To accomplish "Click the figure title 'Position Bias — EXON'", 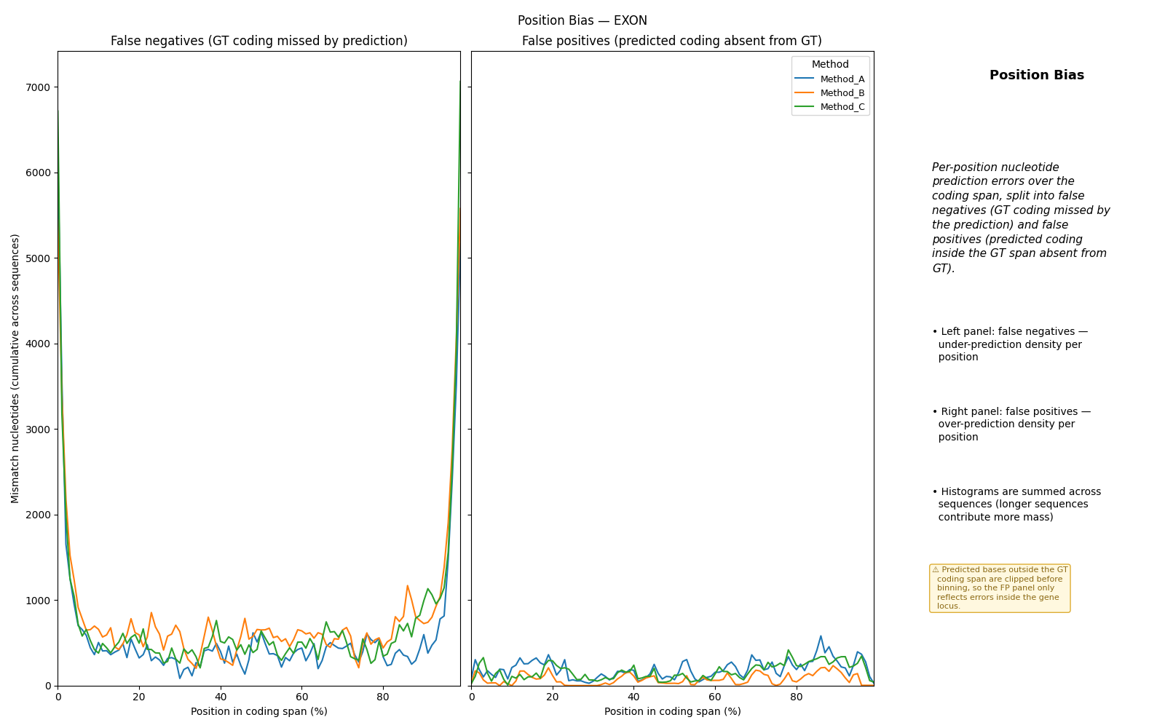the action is [x=582, y=20].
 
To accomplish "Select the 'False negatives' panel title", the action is [x=259, y=41].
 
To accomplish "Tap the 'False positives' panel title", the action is [x=672, y=41].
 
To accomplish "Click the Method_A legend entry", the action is [x=829, y=79].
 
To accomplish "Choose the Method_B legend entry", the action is [x=829, y=93].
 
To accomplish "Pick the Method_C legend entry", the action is [x=829, y=107].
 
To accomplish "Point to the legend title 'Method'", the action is [x=830, y=64].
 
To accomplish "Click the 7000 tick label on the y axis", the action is [x=38, y=87].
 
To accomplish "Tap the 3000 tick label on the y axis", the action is [x=38, y=430].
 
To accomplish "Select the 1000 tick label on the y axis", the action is [x=38, y=601].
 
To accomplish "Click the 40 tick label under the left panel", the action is [x=221, y=697].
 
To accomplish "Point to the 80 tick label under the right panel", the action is [x=797, y=697].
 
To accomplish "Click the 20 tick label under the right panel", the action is [x=553, y=697].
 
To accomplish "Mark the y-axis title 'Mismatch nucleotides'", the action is [x=15, y=368].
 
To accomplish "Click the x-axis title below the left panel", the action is [x=259, y=711].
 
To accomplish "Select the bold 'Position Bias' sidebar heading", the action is [x=1037, y=75].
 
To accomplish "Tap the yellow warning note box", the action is [x=1000, y=588].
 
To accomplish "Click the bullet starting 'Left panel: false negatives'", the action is [x=1010, y=344].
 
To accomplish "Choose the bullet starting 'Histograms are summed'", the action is [x=1016, y=505].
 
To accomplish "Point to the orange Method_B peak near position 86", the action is [x=407, y=586].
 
